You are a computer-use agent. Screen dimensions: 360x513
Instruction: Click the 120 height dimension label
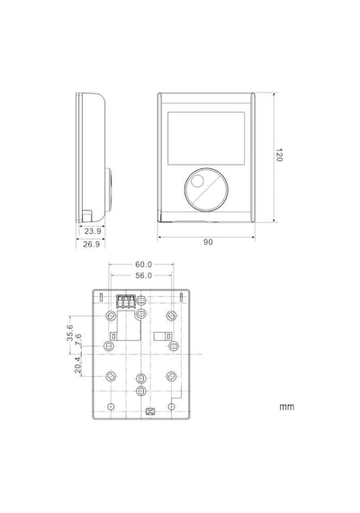(278, 155)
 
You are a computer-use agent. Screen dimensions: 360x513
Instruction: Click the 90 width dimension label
(208, 242)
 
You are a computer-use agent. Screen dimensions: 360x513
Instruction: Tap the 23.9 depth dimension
(93, 231)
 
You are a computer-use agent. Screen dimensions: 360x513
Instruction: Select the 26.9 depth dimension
(91, 244)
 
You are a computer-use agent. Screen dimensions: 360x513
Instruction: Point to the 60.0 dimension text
(144, 264)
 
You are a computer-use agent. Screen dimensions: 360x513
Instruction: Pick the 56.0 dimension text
(144, 275)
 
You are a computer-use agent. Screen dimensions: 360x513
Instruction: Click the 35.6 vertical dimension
(69, 333)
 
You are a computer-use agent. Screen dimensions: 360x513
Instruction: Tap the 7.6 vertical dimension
(78, 339)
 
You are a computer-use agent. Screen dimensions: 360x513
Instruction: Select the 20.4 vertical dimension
(77, 364)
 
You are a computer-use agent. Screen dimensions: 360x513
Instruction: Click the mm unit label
(287, 407)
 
